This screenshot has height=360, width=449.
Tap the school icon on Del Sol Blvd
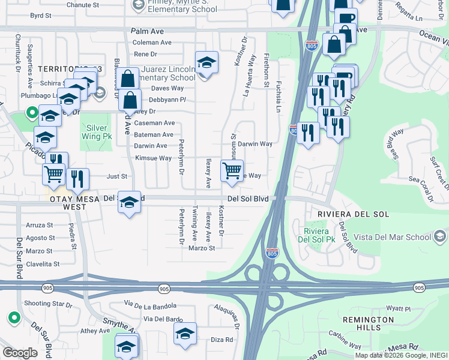click(x=130, y=202)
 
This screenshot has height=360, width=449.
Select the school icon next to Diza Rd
click(x=185, y=334)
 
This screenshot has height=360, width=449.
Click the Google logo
click(x=20, y=353)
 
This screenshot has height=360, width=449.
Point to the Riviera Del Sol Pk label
click(x=316, y=236)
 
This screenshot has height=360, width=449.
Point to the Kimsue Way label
click(x=154, y=158)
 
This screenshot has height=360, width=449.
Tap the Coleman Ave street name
click(x=152, y=43)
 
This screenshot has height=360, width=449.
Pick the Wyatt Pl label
click(x=398, y=308)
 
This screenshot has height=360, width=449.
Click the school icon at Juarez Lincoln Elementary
click(x=206, y=63)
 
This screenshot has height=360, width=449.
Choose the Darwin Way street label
click(x=255, y=144)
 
